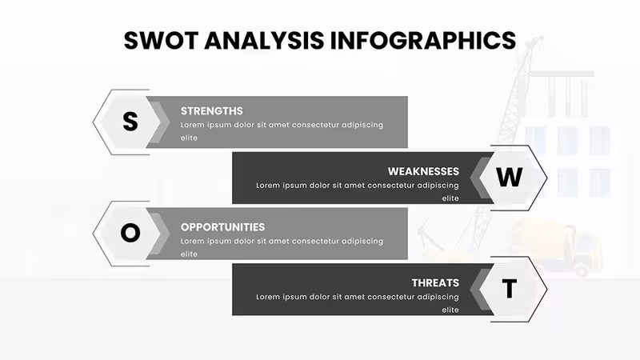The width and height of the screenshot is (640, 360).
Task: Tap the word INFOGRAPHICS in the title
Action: click(x=423, y=41)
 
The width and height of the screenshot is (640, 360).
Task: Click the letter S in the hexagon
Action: click(x=130, y=122)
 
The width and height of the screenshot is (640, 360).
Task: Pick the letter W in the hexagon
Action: click(x=510, y=177)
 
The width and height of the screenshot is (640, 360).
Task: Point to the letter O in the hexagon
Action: click(x=130, y=233)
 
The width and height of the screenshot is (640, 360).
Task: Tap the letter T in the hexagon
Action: click(x=510, y=289)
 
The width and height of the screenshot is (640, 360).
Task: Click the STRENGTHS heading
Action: click(x=211, y=111)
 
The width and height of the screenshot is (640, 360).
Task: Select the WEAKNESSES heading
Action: click(x=423, y=171)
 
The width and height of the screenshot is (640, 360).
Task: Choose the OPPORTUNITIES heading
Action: click(x=222, y=227)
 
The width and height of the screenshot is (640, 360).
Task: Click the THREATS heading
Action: click(x=435, y=283)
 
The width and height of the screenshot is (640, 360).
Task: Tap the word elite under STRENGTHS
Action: click(x=189, y=138)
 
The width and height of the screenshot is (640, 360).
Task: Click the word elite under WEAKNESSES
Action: click(x=450, y=198)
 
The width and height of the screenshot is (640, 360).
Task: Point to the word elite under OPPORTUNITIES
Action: click(x=189, y=254)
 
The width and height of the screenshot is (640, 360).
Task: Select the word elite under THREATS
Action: click(x=450, y=310)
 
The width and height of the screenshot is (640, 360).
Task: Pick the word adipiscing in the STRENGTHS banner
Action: click(x=362, y=126)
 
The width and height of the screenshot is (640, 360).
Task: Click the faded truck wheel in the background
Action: click(x=582, y=270)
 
